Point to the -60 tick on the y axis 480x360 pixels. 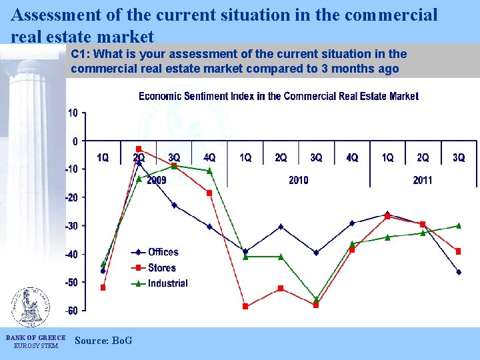tap(71, 311)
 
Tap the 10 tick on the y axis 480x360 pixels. tap(73, 113)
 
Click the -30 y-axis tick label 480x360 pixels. tap(71, 226)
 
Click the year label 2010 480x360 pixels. tap(298, 180)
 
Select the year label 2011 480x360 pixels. tap(423, 180)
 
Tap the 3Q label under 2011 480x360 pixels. tap(459, 158)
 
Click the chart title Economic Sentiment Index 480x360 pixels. tap(279, 96)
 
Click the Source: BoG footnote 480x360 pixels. tap(103, 341)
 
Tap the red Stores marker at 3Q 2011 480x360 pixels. tap(459, 251)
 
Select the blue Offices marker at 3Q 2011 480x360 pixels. tap(459, 272)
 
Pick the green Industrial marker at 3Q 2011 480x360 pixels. tap(459, 225)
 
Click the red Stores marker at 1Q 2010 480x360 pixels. tap(245, 307)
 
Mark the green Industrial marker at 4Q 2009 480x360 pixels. tap(209, 171)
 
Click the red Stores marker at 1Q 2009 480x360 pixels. tap(103, 288)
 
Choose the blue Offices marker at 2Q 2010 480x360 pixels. tap(281, 227)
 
